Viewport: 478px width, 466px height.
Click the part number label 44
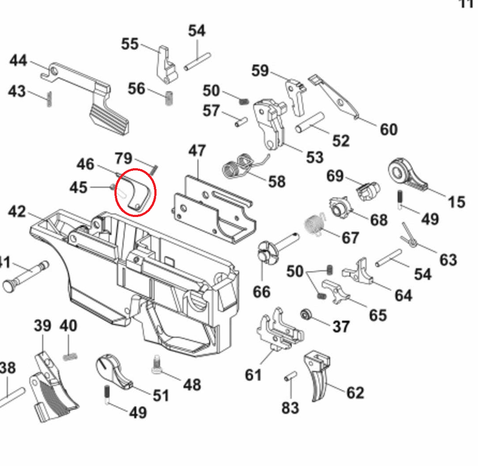(x=19, y=60)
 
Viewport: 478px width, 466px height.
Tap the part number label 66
(x=261, y=292)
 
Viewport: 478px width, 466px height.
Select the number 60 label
(x=388, y=130)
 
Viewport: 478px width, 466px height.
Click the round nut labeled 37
(x=306, y=315)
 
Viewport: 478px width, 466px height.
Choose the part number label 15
(x=456, y=202)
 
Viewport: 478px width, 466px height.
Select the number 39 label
(x=43, y=326)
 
